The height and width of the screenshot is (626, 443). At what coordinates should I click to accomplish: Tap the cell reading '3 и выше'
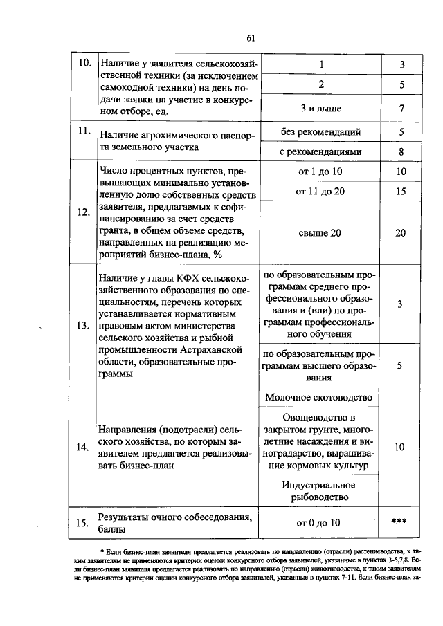click(x=320, y=109)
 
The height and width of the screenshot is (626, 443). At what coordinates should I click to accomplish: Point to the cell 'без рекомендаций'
click(x=320, y=131)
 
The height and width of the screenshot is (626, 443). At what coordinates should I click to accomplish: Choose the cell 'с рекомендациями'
click(x=320, y=151)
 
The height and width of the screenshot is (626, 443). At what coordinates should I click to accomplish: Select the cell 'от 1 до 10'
click(x=320, y=171)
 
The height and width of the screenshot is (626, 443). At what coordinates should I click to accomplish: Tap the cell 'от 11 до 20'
click(x=320, y=191)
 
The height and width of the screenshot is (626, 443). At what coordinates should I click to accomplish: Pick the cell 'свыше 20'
click(x=320, y=233)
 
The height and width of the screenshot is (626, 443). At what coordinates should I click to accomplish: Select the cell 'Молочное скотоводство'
click(x=320, y=397)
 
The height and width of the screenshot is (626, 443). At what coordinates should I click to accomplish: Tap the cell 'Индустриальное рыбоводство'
click(x=320, y=490)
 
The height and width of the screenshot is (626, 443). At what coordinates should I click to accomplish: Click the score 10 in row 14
click(x=400, y=448)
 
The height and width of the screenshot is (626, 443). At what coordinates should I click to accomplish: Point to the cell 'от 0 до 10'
click(x=320, y=522)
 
